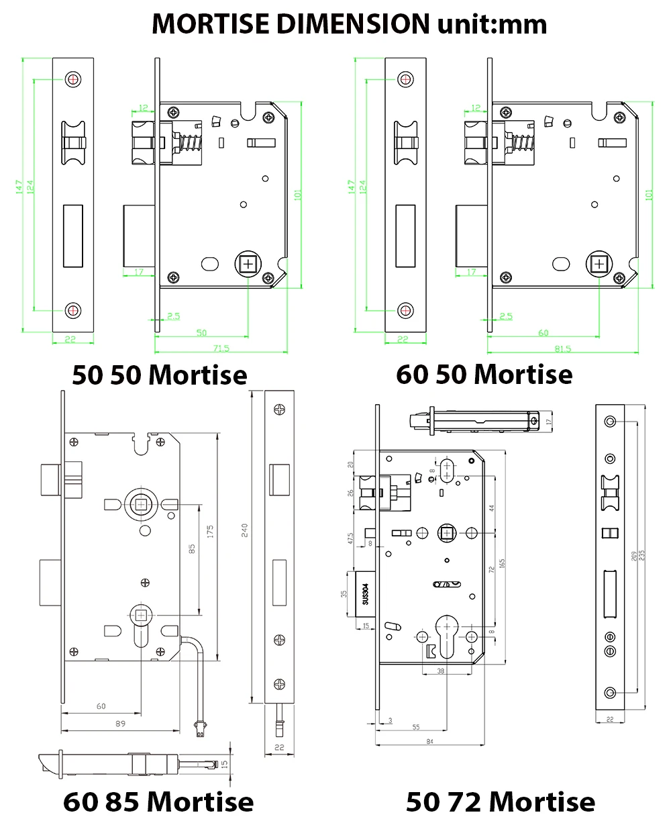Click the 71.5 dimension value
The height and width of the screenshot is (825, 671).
(222, 348)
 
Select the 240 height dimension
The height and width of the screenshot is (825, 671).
(246, 530)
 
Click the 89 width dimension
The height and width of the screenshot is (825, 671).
(120, 724)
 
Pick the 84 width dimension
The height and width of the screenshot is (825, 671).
(430, 741)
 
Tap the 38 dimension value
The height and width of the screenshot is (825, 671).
(440, 670)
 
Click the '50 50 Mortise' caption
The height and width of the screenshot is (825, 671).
(159, 375)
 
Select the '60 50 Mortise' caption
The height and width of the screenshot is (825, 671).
(484, 374)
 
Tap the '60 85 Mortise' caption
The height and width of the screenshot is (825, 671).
(158, 802)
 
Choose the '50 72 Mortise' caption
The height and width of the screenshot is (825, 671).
(500, 802)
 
